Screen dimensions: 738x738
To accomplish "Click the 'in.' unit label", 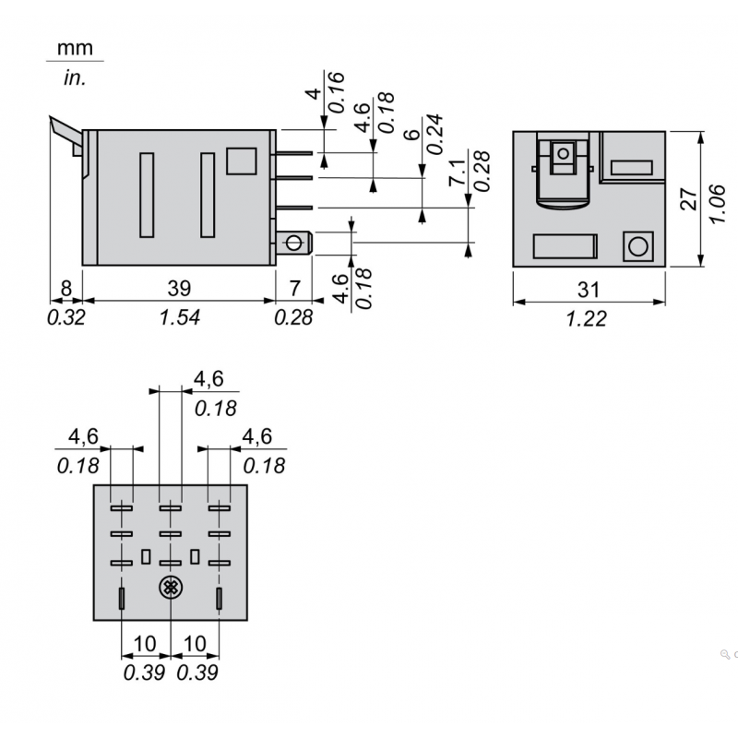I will pyautogui.click(x=74, y=77).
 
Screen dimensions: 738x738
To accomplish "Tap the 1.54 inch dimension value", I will pyautogui.click(x=179, y=317).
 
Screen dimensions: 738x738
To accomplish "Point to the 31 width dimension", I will pyautogui.click(x=589, y=289).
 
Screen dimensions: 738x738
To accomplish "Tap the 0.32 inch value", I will pyautogui.click(x=65, y=317).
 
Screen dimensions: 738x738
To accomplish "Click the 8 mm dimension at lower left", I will pyautogui.click(x=65, y=289).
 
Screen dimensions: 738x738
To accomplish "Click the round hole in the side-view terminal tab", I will pyautogui.click(x=294, y=243).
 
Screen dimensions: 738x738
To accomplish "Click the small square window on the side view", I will pyautogui.click(x=241, y=161).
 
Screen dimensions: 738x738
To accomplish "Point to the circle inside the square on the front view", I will pyautogui.click(x=637, y=246).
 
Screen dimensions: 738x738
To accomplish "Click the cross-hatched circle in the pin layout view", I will pyautogui.click(x=170, y=587).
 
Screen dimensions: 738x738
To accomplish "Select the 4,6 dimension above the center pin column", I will pyautogui.click(x=208, y=378).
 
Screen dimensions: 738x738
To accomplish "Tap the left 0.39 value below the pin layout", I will pyautogui.click(x=144, y=672).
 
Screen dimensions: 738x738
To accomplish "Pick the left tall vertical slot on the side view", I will pyautogui.click(x=146, y=194).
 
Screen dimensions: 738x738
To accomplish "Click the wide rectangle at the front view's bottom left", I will pyautogui.click(x=564, y=246).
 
